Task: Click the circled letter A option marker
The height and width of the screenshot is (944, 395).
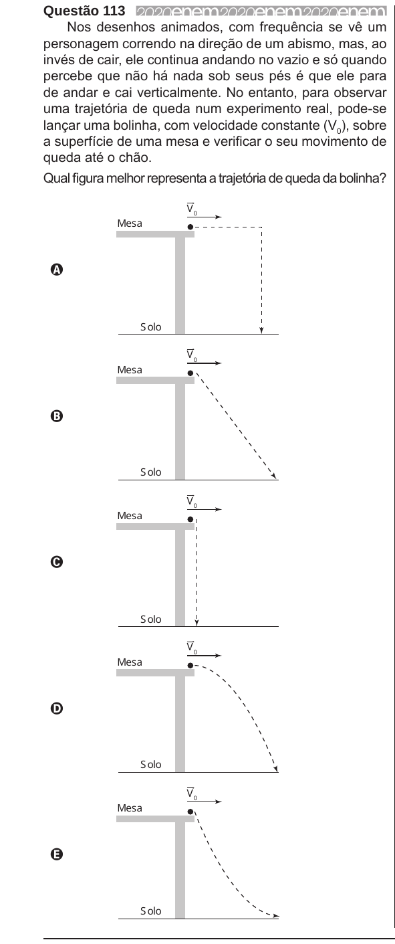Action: (x=56, y=270)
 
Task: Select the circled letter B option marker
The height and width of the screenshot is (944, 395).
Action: (x=56, y=416)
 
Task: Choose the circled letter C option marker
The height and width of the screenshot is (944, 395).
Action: (x=56, y=562)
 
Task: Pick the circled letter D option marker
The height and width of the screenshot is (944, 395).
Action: (x=56, y=709)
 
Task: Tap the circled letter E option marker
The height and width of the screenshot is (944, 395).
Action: (x=56, y=854)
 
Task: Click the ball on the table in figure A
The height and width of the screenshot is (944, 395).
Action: (x=190, y=227)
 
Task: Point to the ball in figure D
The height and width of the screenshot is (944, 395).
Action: (x=190, y=666)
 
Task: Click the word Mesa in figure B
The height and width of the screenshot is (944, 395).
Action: (x=130, y=369)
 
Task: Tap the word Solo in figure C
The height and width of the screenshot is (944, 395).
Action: (x=151, y=619)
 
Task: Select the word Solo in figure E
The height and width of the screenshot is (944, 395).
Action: (x=151, y=911)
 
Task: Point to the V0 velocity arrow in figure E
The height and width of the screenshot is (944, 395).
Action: (x=205, y=801)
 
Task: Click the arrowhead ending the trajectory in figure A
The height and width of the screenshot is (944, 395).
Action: (x=261, y=331)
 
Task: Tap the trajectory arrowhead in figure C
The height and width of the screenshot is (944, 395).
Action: (x=196, y=623)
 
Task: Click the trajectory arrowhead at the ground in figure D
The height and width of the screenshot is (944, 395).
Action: (x=276, y=769)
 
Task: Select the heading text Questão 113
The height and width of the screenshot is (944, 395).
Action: (x=84, y=11)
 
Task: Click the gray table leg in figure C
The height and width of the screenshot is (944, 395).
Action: (x=180, y=578)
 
